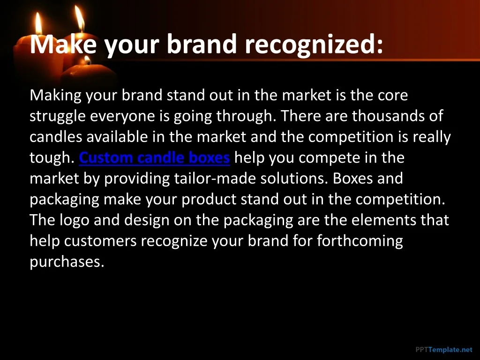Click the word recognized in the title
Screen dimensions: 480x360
pos(314,45)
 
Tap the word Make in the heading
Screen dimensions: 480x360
pos(63,44)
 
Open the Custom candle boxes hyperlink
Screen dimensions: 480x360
pos(154,157)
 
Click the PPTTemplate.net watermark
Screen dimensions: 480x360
pos(444,350)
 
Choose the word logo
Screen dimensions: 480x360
pos(75,221)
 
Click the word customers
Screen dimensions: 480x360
pos(100,241)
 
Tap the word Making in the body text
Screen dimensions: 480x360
pos(55,96)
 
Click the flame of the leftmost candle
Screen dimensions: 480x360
pos(38,23)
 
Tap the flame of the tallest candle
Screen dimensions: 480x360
pos(80,18)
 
